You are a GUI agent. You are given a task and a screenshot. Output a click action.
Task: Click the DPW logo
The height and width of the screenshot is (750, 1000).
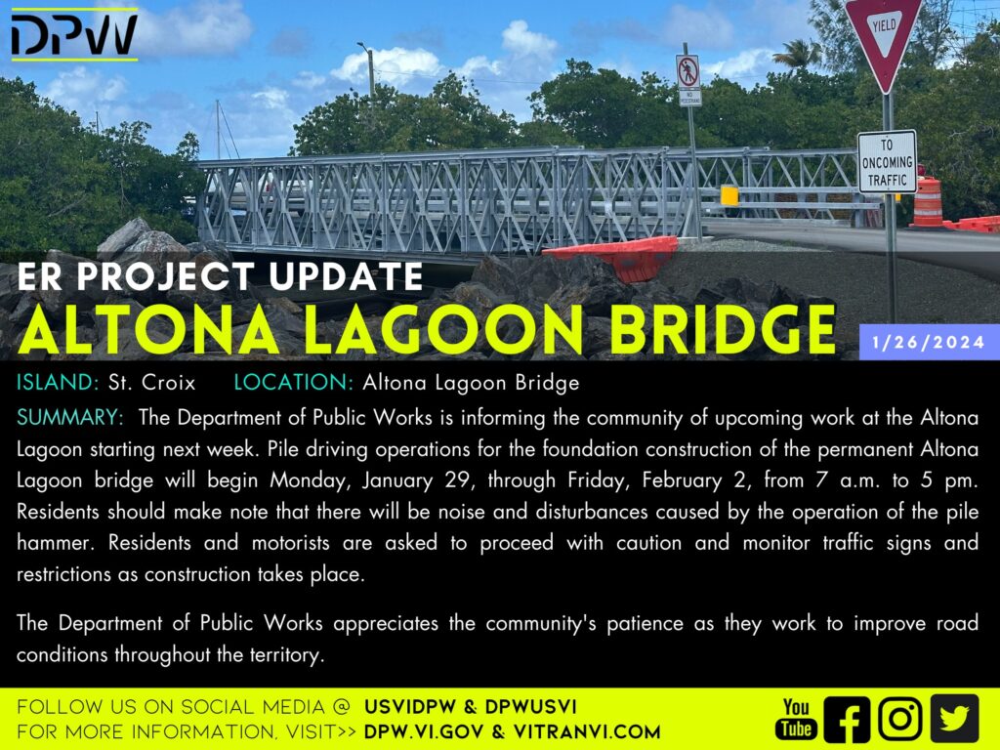pos(74,34)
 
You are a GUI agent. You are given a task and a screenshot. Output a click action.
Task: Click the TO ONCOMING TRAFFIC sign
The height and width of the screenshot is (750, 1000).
pos(887,162)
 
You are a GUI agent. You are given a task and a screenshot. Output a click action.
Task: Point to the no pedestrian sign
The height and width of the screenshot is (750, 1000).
pos(688,80)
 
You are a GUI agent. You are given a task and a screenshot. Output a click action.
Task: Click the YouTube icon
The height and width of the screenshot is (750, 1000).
pos(796,718)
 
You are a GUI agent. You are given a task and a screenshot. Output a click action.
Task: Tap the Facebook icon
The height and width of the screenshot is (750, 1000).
pos(847,719)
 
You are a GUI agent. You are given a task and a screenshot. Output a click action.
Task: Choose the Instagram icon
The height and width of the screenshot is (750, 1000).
pos(899,719)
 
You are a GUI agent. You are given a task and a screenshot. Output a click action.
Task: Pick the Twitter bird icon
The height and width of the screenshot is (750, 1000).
pos(954,718)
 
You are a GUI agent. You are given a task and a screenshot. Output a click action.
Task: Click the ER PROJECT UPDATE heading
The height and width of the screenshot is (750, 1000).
pos(220,276)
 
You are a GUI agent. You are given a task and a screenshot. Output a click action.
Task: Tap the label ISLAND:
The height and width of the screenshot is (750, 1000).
pos(58,382)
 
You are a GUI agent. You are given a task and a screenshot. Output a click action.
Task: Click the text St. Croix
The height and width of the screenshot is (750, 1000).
pos(151,382)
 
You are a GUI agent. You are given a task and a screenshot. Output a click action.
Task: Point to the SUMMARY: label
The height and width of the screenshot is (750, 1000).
pos(70,417)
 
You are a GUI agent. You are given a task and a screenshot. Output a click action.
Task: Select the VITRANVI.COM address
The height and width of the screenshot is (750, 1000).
pos(587,731)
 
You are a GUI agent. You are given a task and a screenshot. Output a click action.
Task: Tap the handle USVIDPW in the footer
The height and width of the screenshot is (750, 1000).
pos(410,707)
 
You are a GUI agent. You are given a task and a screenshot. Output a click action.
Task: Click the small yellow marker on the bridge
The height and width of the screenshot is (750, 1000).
pos(729,195)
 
